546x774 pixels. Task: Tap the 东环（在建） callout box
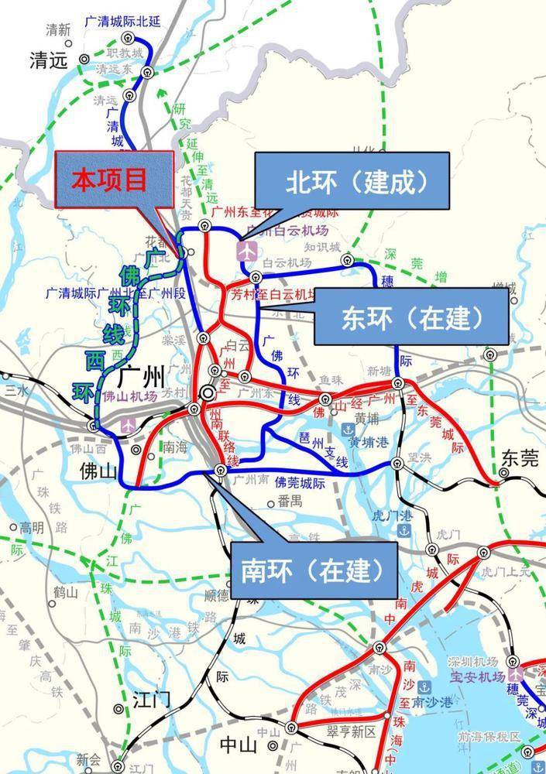coord(411,316)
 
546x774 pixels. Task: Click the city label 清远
coord(49,61)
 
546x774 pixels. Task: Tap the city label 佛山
coord(100,470)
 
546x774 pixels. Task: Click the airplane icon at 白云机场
coord(246,252)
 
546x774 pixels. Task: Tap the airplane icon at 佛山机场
coord(127,425)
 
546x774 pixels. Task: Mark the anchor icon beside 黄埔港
coord(346,430)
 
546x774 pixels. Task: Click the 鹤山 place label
coord(67,593)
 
